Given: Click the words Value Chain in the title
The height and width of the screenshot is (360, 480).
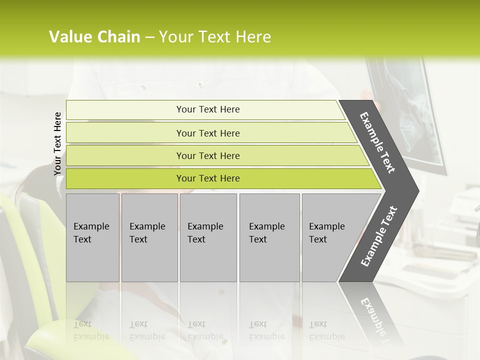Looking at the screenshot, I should point(94,37).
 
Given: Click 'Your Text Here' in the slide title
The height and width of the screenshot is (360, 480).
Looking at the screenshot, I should point(215,37).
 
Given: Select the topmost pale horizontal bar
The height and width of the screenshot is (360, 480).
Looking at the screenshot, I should point(125,109).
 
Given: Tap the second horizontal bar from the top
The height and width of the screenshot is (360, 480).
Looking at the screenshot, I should point(125,133).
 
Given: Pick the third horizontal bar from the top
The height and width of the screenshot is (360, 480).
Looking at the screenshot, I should point(125,155).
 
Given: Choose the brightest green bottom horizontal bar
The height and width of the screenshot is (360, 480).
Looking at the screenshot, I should point(125,178).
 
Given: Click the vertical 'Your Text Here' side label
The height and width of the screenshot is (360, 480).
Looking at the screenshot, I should point(58,143).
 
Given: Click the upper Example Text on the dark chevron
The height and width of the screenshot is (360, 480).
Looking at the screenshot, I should point(377,142).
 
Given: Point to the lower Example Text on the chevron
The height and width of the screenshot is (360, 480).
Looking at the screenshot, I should point(379,236).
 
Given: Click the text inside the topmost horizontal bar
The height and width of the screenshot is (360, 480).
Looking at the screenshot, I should point(208,109).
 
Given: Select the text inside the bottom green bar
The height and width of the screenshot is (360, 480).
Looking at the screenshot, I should point(208,178).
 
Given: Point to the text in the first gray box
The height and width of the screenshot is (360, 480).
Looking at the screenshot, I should point(91,232).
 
